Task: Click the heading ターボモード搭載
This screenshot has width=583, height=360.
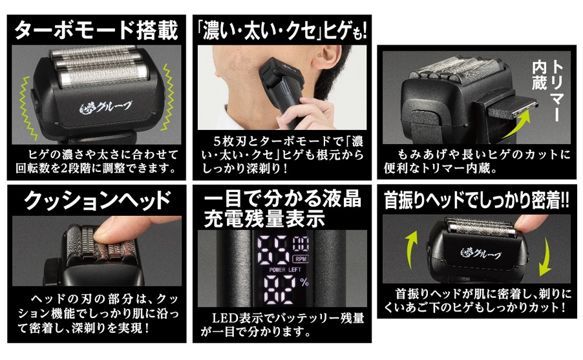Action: (96, 30)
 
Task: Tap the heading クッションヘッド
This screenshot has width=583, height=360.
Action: (98, 200)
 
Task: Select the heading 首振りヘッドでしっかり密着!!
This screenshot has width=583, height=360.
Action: (476, 200)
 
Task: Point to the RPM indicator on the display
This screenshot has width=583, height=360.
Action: (301, 259)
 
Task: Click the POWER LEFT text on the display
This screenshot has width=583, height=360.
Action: (285, 270)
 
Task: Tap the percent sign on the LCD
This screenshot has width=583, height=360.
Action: (304, 282)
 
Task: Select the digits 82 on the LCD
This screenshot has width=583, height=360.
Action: (280, 290)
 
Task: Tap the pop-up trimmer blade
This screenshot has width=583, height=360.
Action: (513, 107)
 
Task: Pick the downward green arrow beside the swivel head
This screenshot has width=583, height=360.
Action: (545, 256)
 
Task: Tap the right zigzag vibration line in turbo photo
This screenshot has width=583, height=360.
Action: (167, 97)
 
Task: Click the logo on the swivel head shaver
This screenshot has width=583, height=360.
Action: (480, 253)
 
